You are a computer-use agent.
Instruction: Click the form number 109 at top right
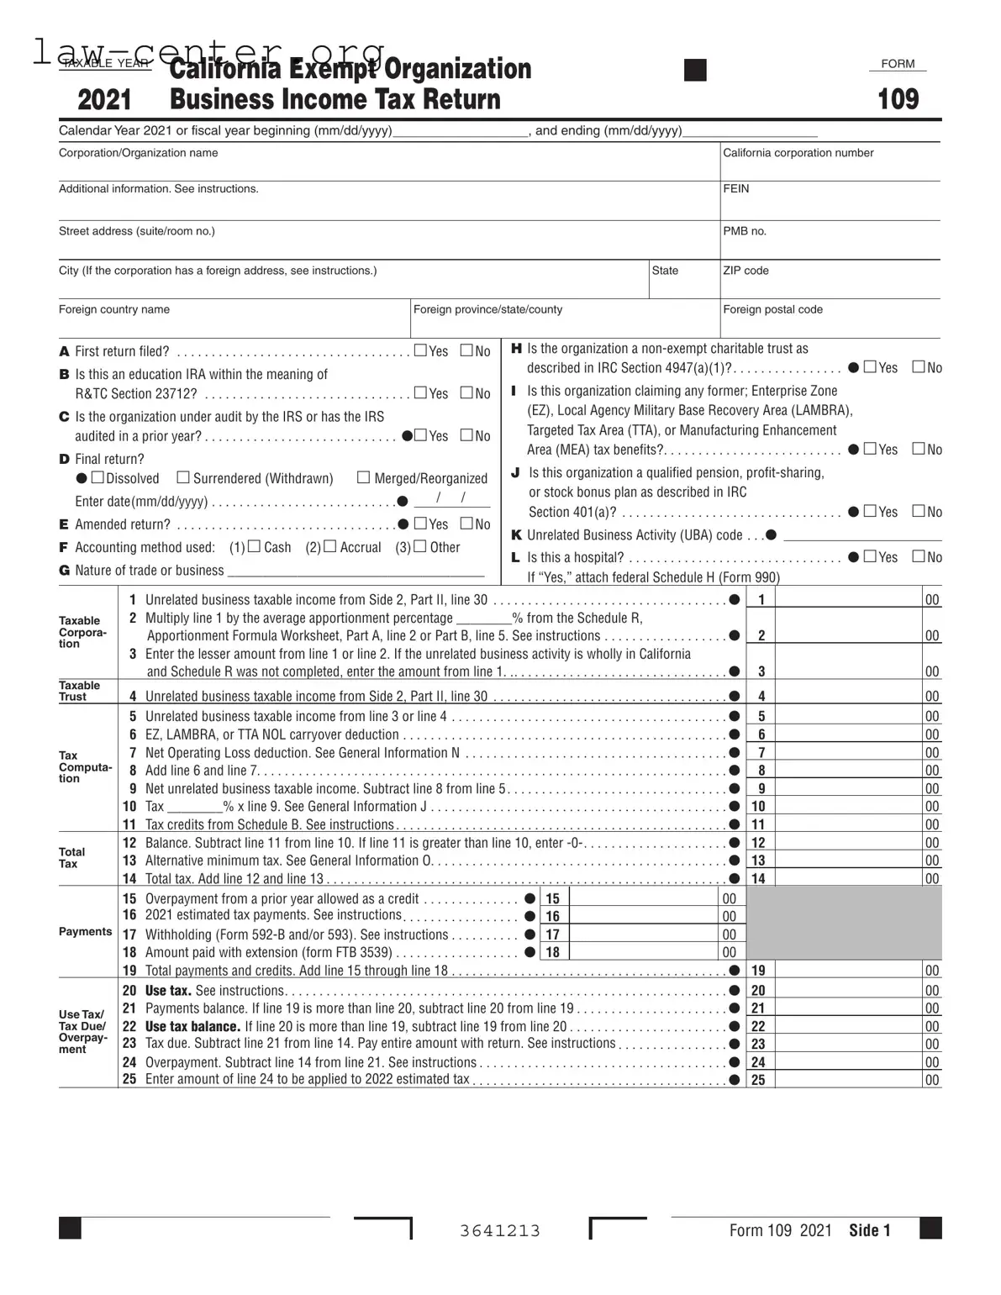pyautogui.click(x=898, y=99)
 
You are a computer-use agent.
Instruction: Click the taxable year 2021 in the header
pyautogui.click(x=104, y=100)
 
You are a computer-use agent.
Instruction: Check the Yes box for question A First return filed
pyautogui.click(x=421, y=350)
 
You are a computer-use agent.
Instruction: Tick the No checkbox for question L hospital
pyautogui.click(x=919, y=556)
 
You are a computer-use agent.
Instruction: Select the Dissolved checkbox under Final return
pyautogui.click(x=97, y=477)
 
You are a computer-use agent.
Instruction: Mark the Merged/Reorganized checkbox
pyautogui.click(x=363, y=477)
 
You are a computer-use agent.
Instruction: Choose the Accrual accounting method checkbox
pyautogui.click(x=329, y=546)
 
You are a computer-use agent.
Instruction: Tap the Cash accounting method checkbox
pyautogui.click(x=254, y=546)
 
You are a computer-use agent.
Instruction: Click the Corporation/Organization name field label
pyautogui.click(x=138, y=153)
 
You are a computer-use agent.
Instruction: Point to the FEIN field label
pyautogui.click(x=735, y=189)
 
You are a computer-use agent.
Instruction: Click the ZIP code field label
pyautogui.click(x=745, y=271)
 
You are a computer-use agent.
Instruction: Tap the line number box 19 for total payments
pyautogui.click(x=758, y=971)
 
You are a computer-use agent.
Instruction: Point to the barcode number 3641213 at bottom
pyautogui.click(x=500, y=1231)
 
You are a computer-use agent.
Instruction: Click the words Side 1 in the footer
pyautogui.click(x=869, y=1230)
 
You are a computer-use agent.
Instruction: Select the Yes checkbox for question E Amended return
pyautogui.click(x=421, y=524)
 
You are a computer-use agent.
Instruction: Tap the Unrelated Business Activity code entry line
pyautogui.click(x=861, y=535)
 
